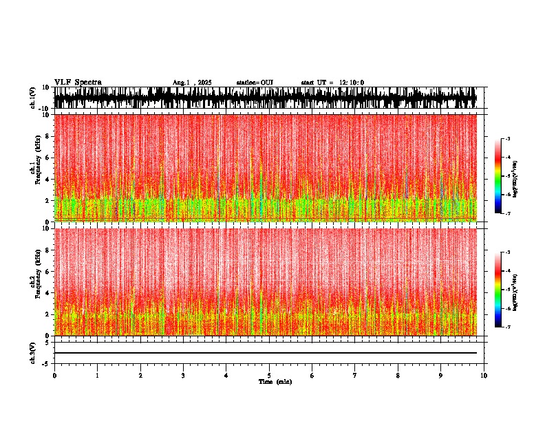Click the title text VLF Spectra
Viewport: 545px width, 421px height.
pyautogui.click(x=78, y=83)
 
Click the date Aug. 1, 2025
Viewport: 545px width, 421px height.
pyautogui.click(x=192, y=83)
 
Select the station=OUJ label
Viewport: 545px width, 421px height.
pyautogui.click(x=255, y=83)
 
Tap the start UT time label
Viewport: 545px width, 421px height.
pyautogui.click(x=332, y=83)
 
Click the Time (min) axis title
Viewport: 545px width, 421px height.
pyautogui.click(x=275, y=381)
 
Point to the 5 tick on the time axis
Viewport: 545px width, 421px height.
pyautogui.click(x=269, y=376)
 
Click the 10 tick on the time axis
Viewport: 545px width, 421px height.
pyautogui.click(x=484, y=376)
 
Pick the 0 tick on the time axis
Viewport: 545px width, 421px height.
pyautogui.click(x=54, y=376)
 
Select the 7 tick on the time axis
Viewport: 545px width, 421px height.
pyautogui.click(x=355, y=376)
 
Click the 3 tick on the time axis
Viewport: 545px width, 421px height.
pyautogui.click(x=183, y=376)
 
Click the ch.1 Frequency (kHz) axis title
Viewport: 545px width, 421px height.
pyautogui.click(x=34, y=168)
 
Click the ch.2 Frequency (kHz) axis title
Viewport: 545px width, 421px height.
pyautogui.click(x=34, y=281)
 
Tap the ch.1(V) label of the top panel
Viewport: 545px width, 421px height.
pyautogui.click(x=33, y=98)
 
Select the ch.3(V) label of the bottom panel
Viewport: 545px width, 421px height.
pyautogui.click(x=33, y=352)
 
